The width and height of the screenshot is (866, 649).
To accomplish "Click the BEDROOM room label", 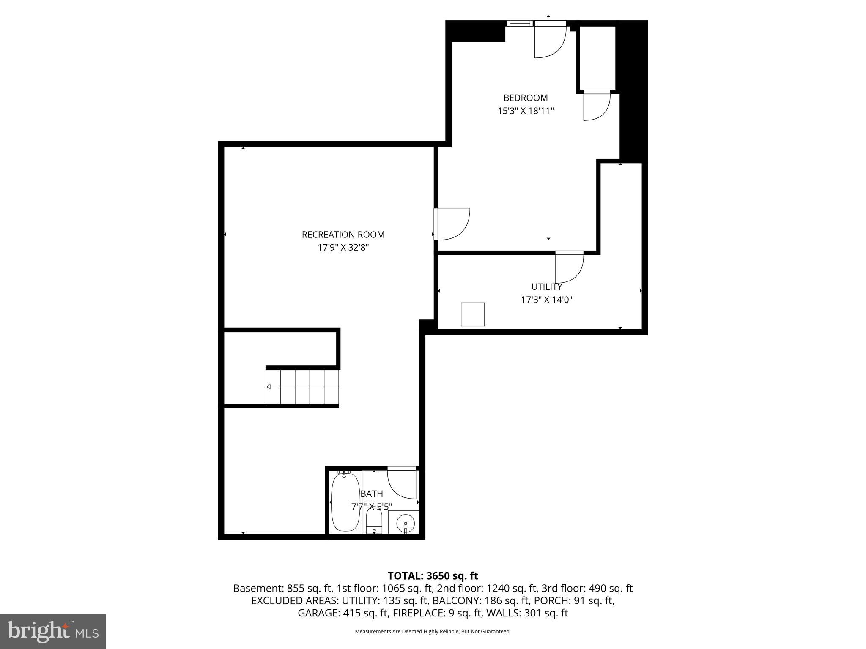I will [525, 98].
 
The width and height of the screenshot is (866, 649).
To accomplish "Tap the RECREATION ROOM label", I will [343, 235].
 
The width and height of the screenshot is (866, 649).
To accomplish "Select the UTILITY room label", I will [546, 287].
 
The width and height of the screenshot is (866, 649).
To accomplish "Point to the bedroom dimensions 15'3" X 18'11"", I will [525, 111].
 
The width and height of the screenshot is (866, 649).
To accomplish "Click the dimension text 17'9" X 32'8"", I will [343, 248].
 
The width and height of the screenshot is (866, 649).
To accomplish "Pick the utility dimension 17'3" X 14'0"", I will [546, 300].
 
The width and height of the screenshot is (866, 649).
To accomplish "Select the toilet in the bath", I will [374, 523].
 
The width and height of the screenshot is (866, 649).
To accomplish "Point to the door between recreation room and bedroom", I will [452, 224].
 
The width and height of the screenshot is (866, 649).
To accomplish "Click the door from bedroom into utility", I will [569, 267].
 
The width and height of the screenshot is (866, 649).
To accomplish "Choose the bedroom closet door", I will [596, 106].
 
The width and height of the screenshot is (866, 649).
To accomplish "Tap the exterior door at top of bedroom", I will [550, 40].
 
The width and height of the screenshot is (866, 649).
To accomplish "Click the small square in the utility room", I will [472, 314].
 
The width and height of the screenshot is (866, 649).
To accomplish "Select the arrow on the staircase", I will [269, 387].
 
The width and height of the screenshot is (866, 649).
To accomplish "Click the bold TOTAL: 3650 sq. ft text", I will [433, 576].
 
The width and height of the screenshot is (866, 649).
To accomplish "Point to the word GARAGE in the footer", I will [317, 613].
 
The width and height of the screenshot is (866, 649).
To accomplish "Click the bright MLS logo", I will [53, 631].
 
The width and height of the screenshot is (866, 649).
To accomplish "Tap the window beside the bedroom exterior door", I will [520, 24].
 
